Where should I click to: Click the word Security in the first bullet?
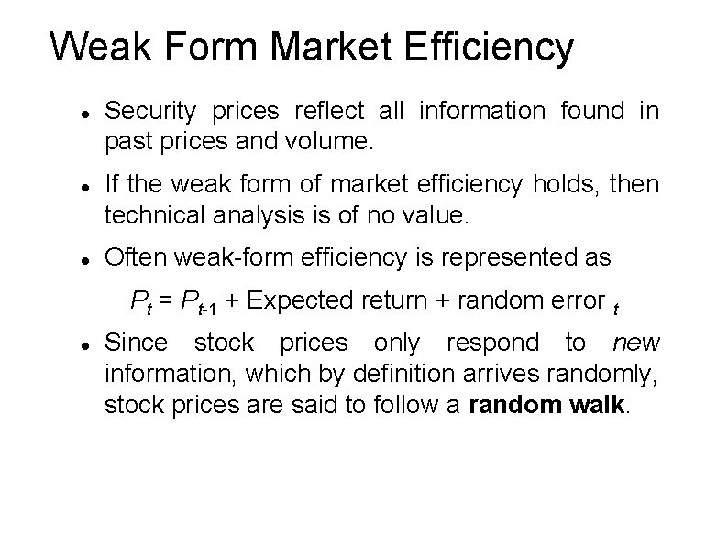[x=151, y=112]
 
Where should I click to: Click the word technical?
[x=152, y=216]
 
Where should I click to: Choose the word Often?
[x=132, y=259]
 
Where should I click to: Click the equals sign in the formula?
[x=166, y=301]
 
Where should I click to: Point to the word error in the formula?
[x=572, y=300]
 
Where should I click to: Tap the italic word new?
[x=636, y=343]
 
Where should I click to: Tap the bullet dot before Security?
[x=83, y=113]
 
